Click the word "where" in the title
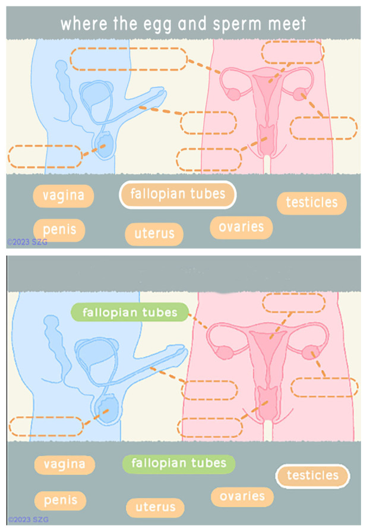pyautogui.click(x=83, y=24)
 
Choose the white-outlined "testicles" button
pyautogui.click(x=312, y=476)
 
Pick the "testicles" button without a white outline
pyautogui.click(x=311, y=203)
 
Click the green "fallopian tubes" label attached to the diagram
pyautogui.click(x=130, y=312)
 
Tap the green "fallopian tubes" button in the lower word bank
pyautogui.click(x=179, y=464)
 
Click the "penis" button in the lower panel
pyautogui.click(x=59, y=500)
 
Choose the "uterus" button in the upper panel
pyautogui.click(x=154, y=234)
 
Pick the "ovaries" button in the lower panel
pyautogui.click(x=242, y=496)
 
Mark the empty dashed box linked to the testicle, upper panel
pyautogui.click(x=45, y=156)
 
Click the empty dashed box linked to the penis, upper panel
pyautogui.click(x=208, y=122)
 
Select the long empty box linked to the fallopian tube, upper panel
pyautogui.click(x=128, y=58)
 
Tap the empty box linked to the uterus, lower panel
pyautogui.click(x=294, y=303)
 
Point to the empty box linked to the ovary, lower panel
pyautogui.click(x=324, y=387)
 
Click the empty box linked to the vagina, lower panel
pyautogui.click(x=210, y=427)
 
